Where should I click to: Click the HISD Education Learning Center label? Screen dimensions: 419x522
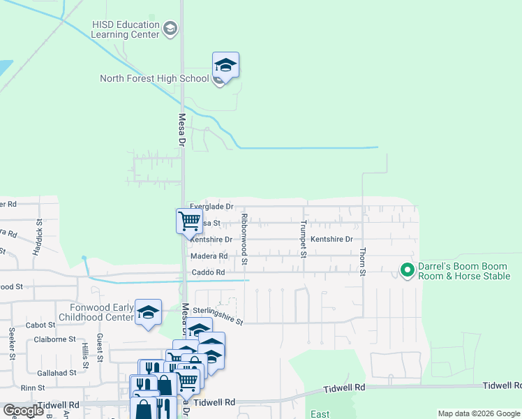coord(126,29)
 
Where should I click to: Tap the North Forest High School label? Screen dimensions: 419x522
coord(154,78)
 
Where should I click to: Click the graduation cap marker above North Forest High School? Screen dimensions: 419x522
coord(225,65)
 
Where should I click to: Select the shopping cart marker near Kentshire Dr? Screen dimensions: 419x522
coord(189,221)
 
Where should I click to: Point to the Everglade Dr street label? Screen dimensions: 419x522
coord(211,207)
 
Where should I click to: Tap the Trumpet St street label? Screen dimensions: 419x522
coord(304,239)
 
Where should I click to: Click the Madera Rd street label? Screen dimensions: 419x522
coord(209,256)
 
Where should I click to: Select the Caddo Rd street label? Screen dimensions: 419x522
coord(208,272)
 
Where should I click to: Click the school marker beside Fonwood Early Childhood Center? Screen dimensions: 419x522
coord(149,312)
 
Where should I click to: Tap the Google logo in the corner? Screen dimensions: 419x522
coord(23,411)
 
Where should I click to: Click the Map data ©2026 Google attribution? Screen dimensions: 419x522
coord(479,414)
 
